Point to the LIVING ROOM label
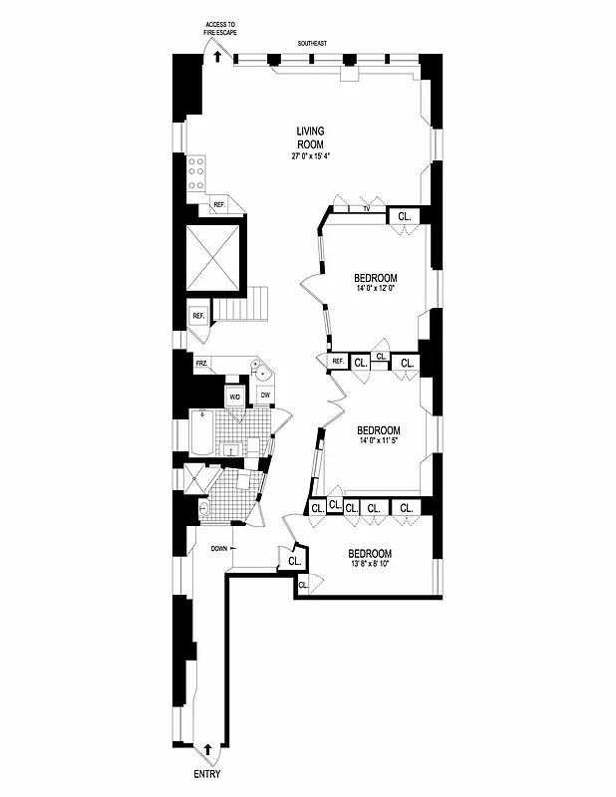[310, 137]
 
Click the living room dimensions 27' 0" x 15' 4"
[310, 156]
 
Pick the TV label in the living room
[367, 210]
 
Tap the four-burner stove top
[196, 172]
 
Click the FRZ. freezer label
[201, 364]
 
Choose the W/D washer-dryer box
[235, 397]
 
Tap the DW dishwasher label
[265, 396]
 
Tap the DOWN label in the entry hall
[220, 549]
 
